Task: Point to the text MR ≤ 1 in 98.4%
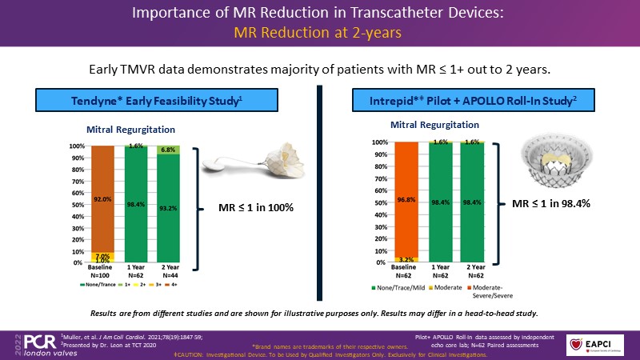(x=552, y=204)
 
